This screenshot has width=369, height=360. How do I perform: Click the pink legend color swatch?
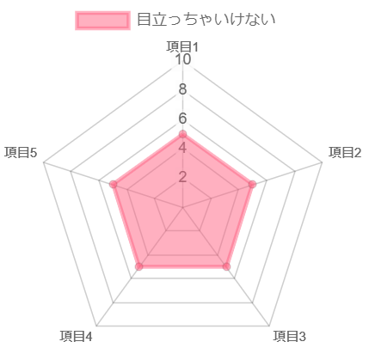(102, 21)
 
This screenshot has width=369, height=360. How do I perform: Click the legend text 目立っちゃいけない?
(206, 20)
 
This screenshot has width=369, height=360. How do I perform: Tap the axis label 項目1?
(182, 46)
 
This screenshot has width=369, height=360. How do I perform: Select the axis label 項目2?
(345, 152)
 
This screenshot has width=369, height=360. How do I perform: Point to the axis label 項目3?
(290, 336)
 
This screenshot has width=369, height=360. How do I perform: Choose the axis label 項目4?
(77, 336)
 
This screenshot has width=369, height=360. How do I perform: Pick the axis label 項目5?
(21, 152)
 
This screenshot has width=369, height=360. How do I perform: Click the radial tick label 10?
(182, 59)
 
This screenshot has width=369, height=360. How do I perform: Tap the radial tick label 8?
(182, 89)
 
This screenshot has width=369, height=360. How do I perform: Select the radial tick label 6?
(182, 119)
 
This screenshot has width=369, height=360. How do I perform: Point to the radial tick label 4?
(182, 148)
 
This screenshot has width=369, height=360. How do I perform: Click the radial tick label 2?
(182, 177)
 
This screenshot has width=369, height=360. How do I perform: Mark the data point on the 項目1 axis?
(182, 134)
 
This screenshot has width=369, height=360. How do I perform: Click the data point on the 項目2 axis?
(252, 185)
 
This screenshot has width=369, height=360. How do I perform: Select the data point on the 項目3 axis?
(226, 266)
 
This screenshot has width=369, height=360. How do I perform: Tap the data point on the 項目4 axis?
(139, 266)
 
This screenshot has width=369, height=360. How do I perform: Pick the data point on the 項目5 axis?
(114, 185)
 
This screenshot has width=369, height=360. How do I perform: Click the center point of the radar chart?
(182, 207)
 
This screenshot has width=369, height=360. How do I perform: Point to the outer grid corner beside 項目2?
(323, 162)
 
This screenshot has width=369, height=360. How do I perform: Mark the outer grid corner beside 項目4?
(96, 326)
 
